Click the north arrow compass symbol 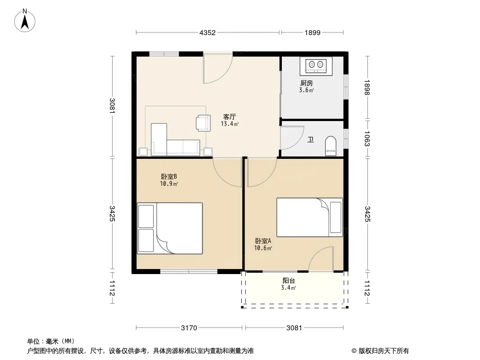coord(25,21)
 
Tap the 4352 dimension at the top coord(208,33)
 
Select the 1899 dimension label coord(312,33)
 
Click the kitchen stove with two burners coord(316,66)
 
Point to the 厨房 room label coord(307,83)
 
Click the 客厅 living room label coord(230,117)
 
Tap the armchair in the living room coord(203,123)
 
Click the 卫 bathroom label coord(311,140)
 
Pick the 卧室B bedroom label coord(169,176)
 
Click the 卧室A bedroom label coord(263,241)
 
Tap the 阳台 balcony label coord(289,280)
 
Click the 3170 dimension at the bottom coord(189,328)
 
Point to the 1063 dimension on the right coord(367,139)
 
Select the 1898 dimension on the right coord(367,87)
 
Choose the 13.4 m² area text coord(230,124)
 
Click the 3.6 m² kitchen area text coord(307,90)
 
